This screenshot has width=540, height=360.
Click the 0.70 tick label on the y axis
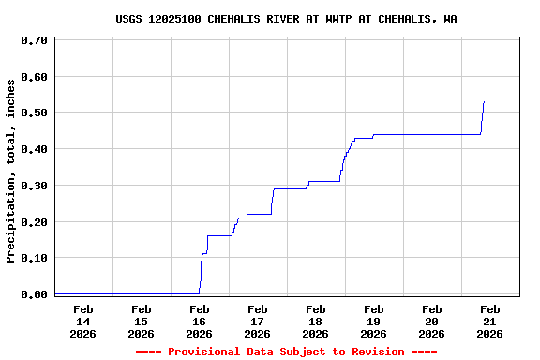[x=34, y=40]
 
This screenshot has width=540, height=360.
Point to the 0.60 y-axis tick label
[x=34, y=76]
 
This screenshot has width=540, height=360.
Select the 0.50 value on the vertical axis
[x=34, y=112]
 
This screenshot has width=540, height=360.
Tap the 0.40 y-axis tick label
[x=34, y=149]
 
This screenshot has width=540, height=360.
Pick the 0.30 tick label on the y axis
[x=34, y=186]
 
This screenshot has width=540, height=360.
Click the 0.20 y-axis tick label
[x=34, y=222]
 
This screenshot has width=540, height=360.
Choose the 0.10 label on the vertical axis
[x=34, y=258]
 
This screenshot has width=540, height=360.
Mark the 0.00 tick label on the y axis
[x=34, y=294]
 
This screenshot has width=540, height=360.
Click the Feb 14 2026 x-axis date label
[x=82, y=321]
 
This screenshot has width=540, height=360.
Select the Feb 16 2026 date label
[x=199, y=321]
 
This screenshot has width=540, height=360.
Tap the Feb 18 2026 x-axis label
[x=315, y=321]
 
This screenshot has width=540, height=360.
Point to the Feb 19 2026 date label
[x=373, y=321]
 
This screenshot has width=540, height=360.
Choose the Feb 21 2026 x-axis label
[x=489, y=321]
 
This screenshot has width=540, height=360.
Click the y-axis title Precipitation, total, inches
[x=11, y=171]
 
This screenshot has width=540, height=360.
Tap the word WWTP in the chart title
[x=346, y=19]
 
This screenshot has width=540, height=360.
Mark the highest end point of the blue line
[x=484, y=101]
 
